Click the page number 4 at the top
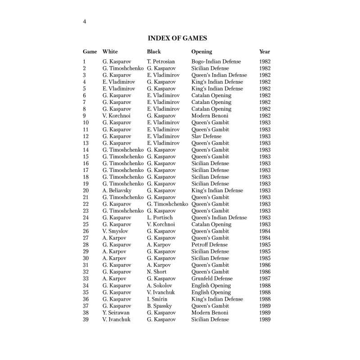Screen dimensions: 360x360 [x=85, y=22]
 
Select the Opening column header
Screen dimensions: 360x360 [x=202, y=52]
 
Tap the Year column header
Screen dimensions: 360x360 [x=265, y=52]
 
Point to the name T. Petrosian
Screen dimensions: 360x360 [x=161, y=62]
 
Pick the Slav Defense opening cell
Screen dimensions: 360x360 [x=207, y=136]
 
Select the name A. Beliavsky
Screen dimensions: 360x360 [x=117, y=191]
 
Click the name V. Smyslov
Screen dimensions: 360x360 [x=116, y=231]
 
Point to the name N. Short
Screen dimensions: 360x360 [x=157, y=272]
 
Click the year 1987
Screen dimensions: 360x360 [x=265, y=279]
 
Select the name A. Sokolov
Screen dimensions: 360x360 [x=160, y=285]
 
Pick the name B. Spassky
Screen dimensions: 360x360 [x=160, y=306]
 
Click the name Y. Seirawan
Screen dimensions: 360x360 [x=116, y=313]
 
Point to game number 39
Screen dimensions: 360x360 [x=86, y=319]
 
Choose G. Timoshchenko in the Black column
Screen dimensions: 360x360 [x=168, y=204]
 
